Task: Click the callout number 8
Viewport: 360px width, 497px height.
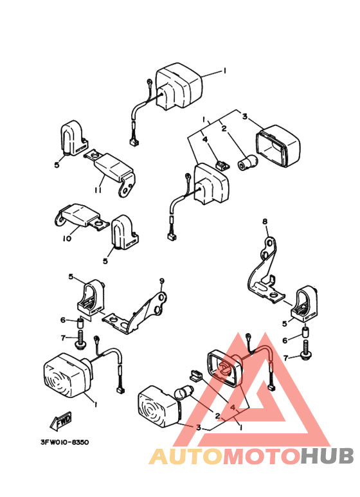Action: pos(265,222)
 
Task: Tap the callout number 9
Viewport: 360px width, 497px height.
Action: pos(162,281)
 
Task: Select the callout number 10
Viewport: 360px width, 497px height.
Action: pos(67,239)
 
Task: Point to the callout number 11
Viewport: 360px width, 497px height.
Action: pos(98,190)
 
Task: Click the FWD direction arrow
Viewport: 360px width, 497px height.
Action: pos(61,420)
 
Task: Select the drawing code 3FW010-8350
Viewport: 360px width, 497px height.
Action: pos(65,442)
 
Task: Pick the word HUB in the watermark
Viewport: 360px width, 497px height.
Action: pos(327,456)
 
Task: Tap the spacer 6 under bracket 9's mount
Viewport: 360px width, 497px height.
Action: pos(80,324)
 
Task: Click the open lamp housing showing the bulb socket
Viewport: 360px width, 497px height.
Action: pos(225,368)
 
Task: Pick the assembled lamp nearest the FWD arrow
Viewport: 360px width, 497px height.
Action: pos(67,375)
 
